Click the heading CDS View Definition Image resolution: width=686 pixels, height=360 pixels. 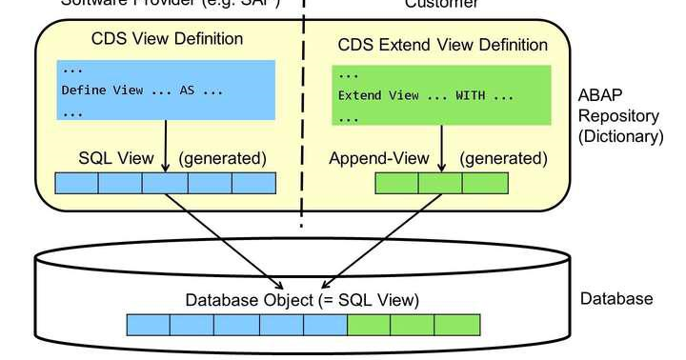(167, 39)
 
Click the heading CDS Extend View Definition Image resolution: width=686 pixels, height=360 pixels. (443, 45)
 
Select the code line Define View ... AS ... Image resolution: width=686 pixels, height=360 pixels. (141, 90)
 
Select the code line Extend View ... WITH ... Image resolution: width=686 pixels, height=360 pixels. (426, 96)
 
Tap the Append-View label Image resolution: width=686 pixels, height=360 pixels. (378, 158)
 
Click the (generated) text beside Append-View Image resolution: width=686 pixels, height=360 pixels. (504, 158)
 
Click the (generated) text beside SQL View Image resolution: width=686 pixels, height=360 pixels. (222, 157)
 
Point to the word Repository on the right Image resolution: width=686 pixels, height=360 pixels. (617, 116)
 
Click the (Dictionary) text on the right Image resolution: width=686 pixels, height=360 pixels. (620, 136)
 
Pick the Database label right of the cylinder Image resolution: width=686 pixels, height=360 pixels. (616, 299)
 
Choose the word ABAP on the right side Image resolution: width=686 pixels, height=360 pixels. (598, 96)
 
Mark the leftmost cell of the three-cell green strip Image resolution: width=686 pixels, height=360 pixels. (396, 183)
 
